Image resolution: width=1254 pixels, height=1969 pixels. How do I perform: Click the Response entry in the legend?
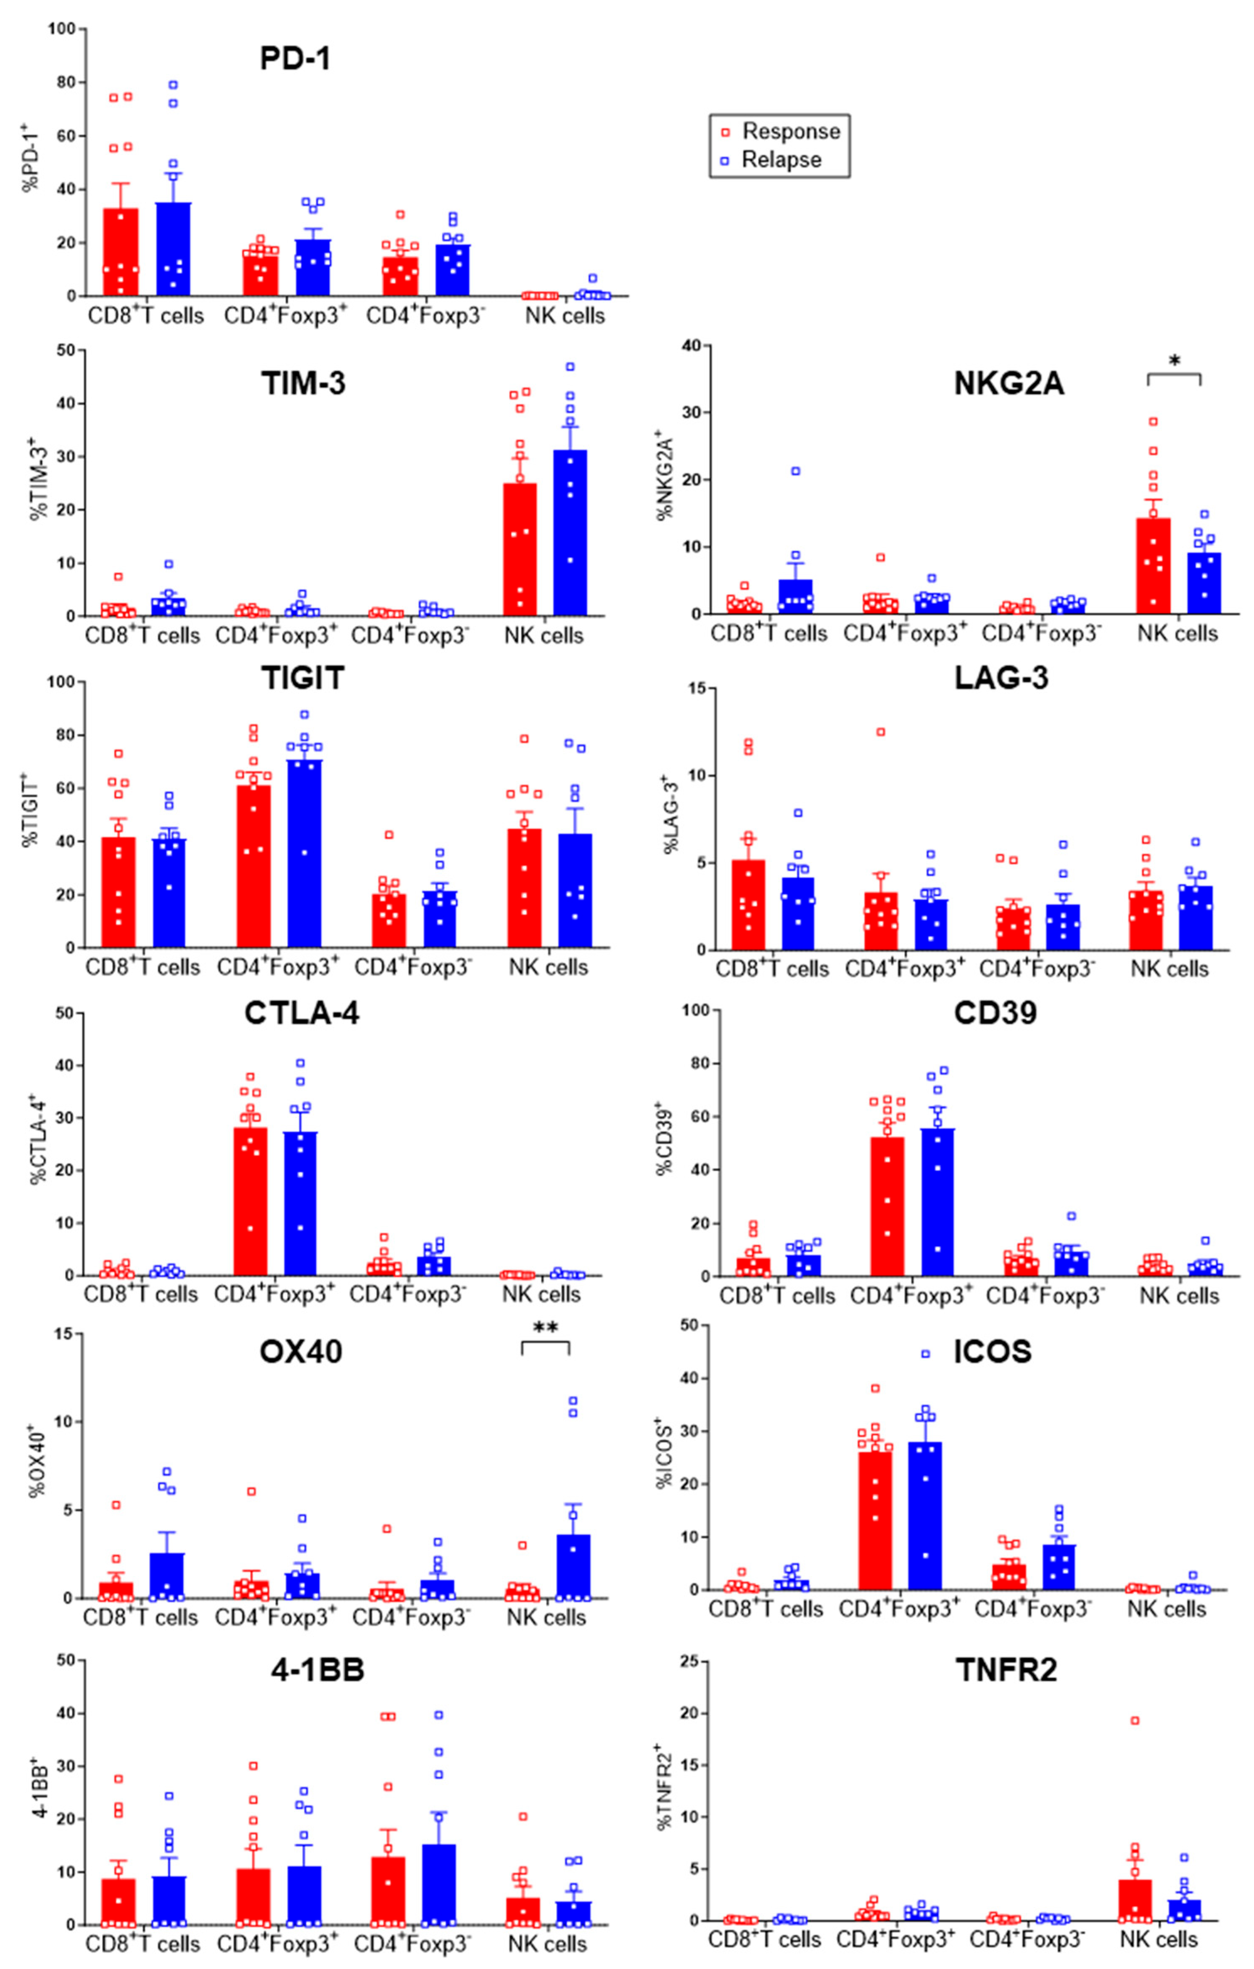pyautogui.click(x=789, y=132)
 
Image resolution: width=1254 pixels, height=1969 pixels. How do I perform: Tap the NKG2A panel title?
pyautogui.click(x=1008, y=383)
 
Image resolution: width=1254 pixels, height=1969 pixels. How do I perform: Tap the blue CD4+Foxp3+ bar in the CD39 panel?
pyautogui.click(x=937, y=1202)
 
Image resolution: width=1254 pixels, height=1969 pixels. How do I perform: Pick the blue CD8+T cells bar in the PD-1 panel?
pyautogui.click(x=174, y=249)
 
